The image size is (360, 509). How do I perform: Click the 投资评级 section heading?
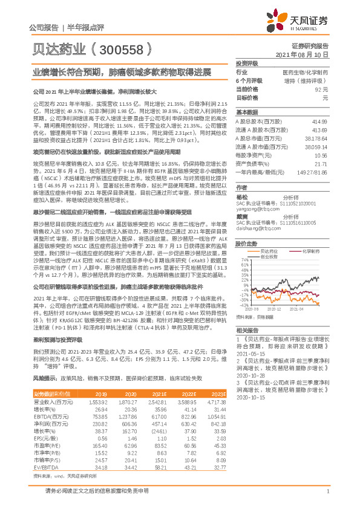tap(247, 63)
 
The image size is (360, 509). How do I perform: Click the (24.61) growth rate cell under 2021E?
tap(160, 432)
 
